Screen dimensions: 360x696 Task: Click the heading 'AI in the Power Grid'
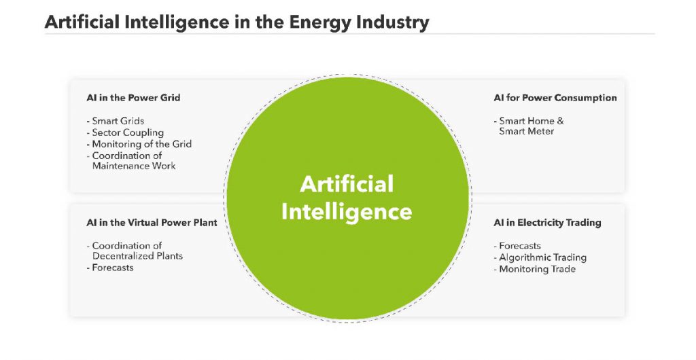[133, 98]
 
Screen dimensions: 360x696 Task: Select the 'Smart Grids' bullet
[118, 122]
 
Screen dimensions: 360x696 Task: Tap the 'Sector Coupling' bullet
[127, 132]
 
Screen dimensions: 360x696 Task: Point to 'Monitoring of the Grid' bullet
[141, 144]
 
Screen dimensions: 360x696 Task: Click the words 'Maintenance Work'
[134, 166]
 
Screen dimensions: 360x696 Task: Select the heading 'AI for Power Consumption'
[555, 98]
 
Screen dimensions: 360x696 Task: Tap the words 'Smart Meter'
[526, 131]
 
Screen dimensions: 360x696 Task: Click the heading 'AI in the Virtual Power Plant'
[152, 223]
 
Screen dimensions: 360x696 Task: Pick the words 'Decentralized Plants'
[137, 256]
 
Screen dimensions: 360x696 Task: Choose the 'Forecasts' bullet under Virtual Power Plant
[112, 268]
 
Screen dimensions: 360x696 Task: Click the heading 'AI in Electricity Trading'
[547, 223]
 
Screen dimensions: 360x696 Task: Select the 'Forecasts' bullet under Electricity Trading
[519, 246]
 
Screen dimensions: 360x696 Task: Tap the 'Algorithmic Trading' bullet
[542, 257]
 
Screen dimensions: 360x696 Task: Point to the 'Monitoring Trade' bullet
[536, 269]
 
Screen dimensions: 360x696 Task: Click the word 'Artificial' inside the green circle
[347, 184]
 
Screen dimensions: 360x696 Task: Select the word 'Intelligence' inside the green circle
[347, 211]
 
